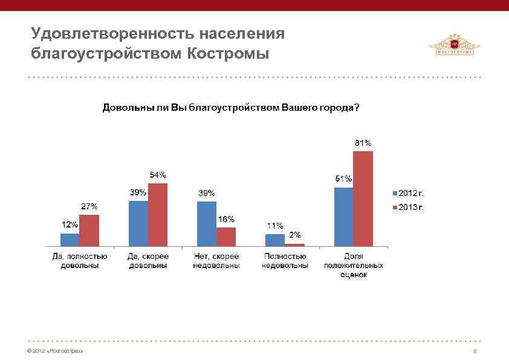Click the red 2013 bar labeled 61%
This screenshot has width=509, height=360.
363,198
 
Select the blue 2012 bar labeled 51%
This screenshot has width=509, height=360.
343,217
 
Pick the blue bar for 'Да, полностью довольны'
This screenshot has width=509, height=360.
70,240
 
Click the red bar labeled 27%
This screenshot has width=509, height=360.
89,230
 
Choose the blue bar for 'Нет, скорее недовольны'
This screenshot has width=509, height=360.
207,223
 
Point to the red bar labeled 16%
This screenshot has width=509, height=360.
226,237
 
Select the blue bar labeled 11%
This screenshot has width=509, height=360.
275,240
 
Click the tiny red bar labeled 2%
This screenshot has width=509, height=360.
294,244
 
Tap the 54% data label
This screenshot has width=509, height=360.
158,175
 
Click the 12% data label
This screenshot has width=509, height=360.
70,224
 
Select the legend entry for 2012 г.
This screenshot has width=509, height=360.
410,194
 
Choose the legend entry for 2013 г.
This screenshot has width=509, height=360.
410,208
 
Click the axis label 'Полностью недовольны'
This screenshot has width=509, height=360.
285,261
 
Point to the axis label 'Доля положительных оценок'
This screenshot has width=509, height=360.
354,265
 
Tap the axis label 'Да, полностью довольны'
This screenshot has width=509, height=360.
80,261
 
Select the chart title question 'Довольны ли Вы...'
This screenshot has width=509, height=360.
230,108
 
